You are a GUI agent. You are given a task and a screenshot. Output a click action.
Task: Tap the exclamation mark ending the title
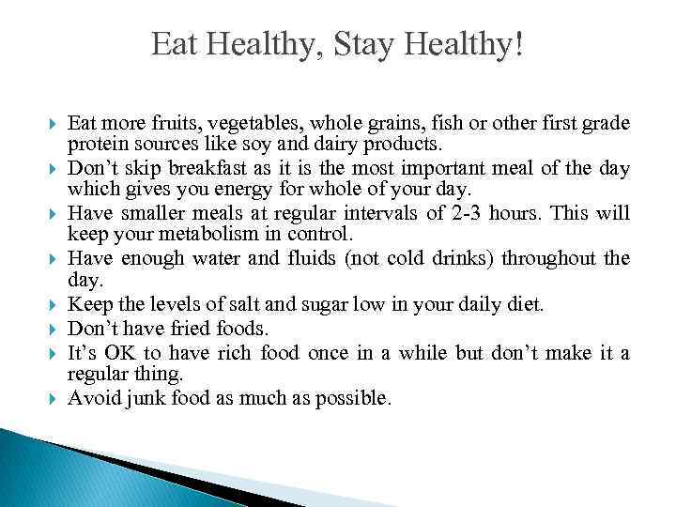point(518,44)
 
